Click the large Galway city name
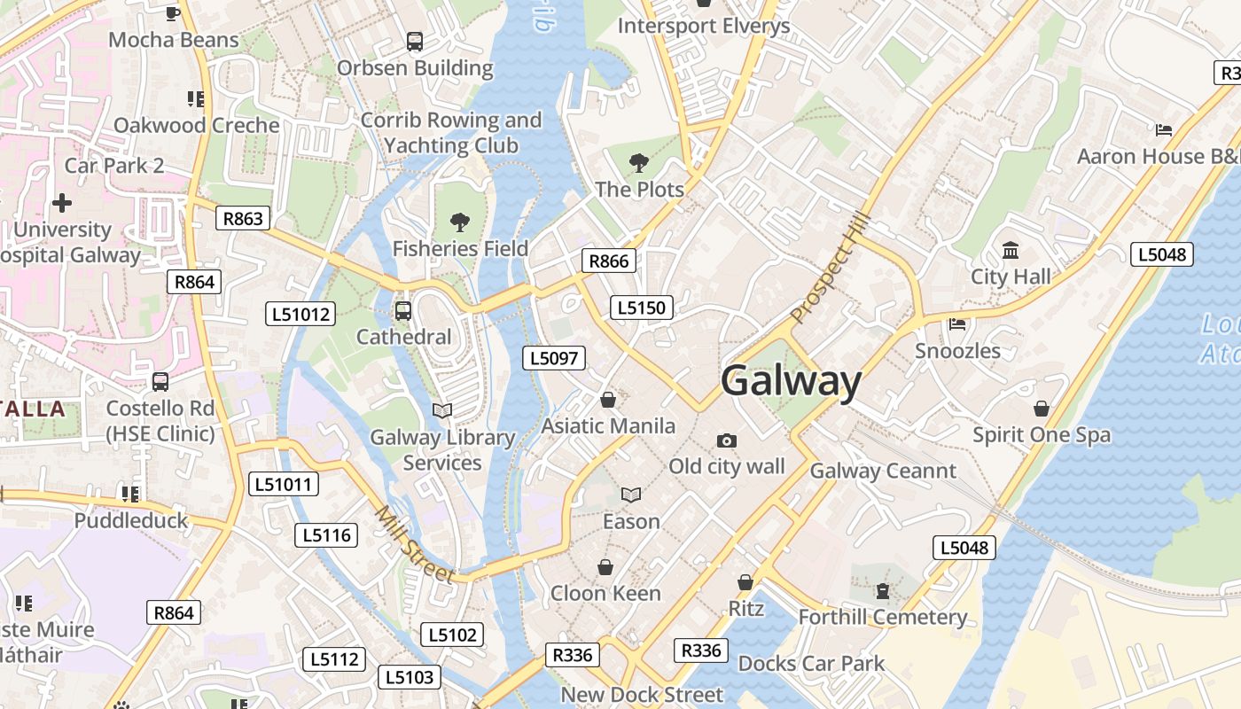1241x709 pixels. [791, 382]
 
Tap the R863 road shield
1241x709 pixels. [243, 219]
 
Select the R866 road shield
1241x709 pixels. [608, 261]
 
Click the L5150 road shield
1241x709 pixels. [642, 308]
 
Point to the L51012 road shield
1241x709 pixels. [300, 314]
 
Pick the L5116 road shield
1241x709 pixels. [325, 535]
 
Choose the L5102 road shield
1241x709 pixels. [453, 635]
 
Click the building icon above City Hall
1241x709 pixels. [1011, 251]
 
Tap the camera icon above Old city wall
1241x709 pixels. [727, 440]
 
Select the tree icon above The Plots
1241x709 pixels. [637, 163]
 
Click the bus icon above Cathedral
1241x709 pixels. [403, 311]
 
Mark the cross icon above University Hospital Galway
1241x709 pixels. [62, 203]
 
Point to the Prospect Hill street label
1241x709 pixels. [831, 269]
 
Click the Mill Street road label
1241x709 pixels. [414, 544]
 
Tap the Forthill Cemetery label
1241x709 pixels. [882, 617]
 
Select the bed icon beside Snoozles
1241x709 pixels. [957, 324]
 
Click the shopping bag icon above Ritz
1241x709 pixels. [745, 582]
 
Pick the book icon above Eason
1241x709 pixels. [631, 495]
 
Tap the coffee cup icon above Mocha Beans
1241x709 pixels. [174, 13]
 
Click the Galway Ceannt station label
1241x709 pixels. [883, 471]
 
